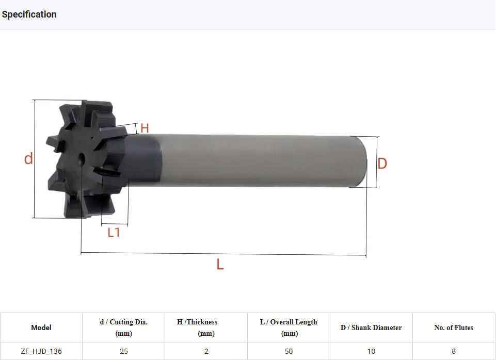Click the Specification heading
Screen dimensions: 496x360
(x=29, y=14)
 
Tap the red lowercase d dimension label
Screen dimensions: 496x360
(x=28, y=158)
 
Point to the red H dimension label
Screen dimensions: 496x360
(x=145, y=128)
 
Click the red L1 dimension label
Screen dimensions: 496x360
(x=114, y=233)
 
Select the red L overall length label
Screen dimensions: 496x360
(x=220, y=264)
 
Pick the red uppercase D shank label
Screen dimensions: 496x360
(x=382, y=163)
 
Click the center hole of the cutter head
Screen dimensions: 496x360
(x=82, y=157)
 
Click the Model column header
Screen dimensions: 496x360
(x=41, y=328)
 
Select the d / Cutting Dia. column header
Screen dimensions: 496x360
(x=124, y=328)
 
